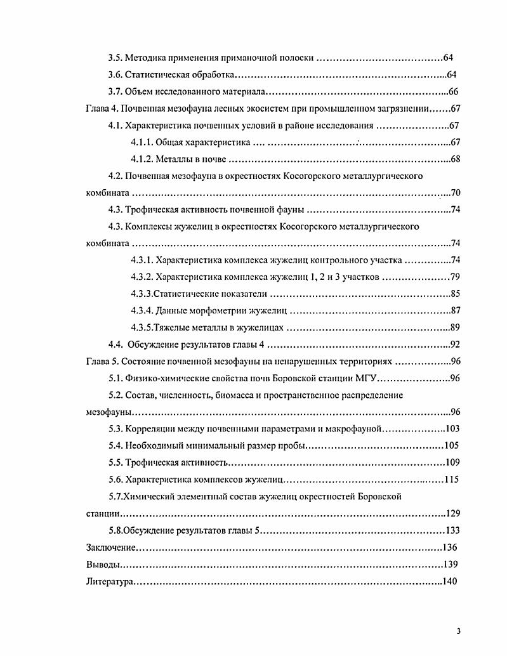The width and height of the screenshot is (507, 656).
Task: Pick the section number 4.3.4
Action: pyautogui.click(x=142, y=311)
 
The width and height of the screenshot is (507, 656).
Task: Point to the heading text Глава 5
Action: pyautogui.click(x=101, y=362)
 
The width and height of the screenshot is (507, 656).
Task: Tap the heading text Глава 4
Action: pyautogui.click(x=101, y=108)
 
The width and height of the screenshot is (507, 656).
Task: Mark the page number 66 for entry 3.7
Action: pyautogui.click(x=454, y=91)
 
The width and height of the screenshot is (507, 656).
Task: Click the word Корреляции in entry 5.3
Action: pyautogui.click(x=152, y=429)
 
